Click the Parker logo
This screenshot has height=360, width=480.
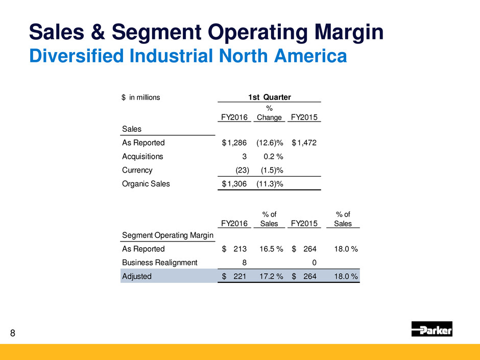pyautogui.click(x=431, y=329)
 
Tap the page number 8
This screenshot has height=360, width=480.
pyautogui.click(x=13, y=334)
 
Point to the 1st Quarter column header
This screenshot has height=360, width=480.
pyautogui.click(x=269, y=97)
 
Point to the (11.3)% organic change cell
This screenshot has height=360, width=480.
pyautogui.click(x=269, y=184)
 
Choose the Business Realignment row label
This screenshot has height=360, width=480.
pyautogui.click(x=160, y=262)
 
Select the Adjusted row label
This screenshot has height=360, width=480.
pyautogui.click(x=137, y=276)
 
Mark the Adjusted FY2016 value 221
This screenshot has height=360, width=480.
pyautogui.click(x=239, y=276)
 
